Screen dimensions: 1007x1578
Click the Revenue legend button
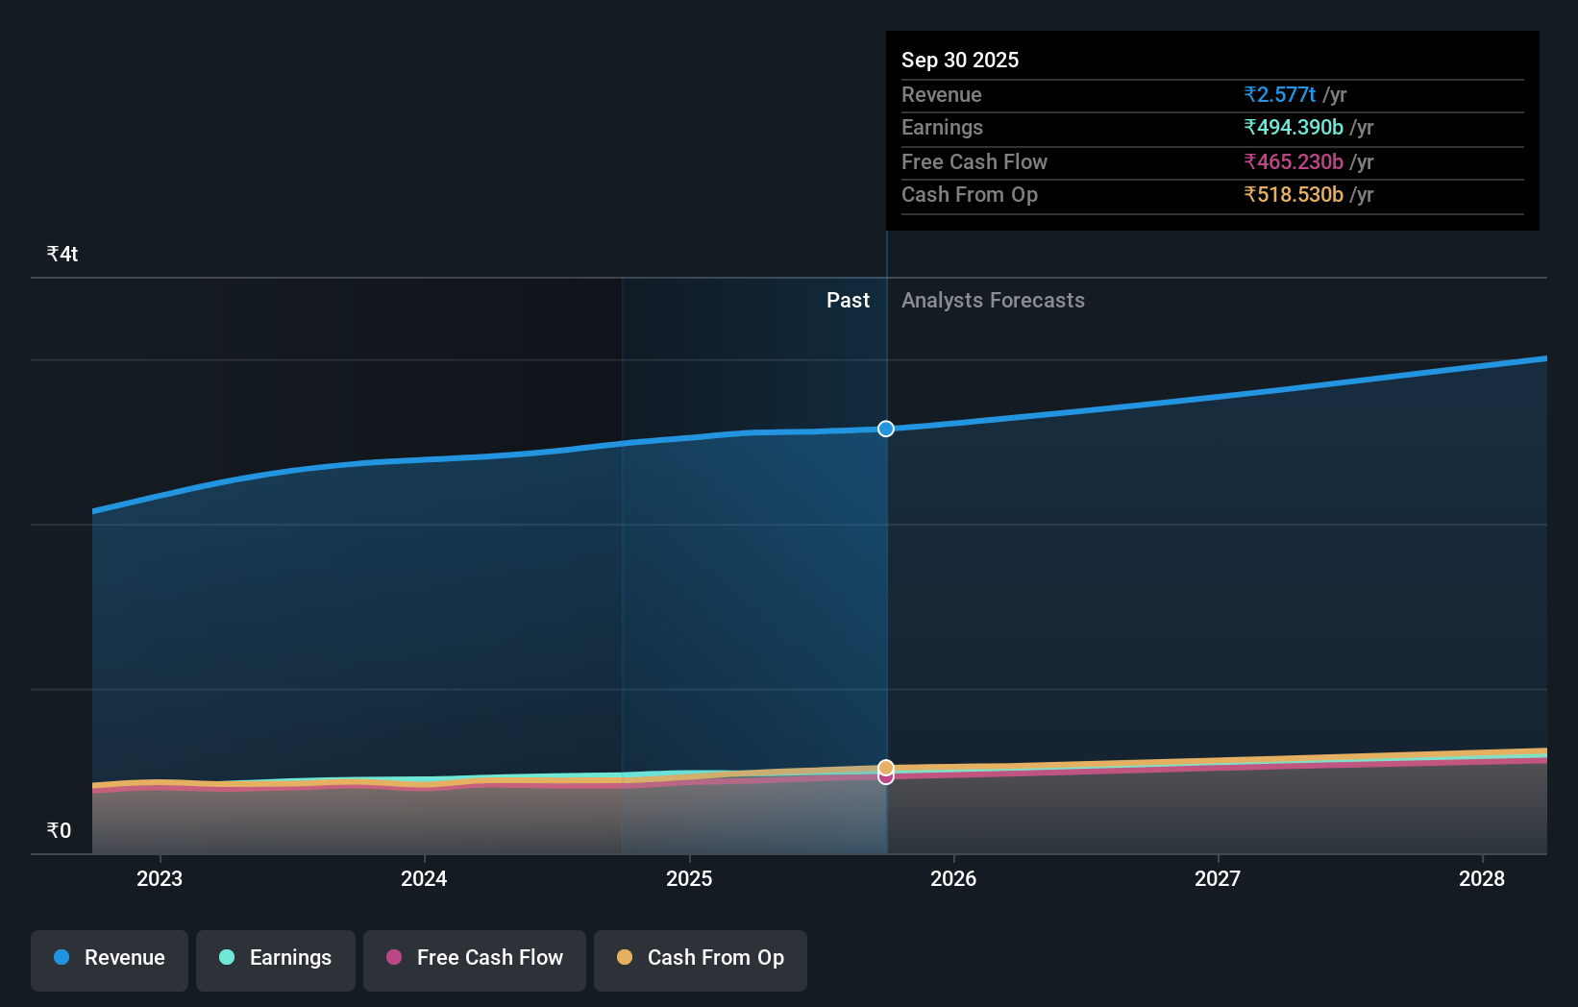coord(110,959)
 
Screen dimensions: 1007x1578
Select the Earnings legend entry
coord(276,959)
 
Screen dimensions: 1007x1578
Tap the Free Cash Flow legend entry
coord(475,959)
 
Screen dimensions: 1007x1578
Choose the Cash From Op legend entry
coord(701,959)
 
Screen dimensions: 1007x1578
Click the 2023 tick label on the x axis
coord(160,878)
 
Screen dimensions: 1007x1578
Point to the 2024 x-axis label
coord(424,878)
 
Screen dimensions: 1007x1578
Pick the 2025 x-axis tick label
coord(689,878)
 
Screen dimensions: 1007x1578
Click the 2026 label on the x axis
coord(953,878)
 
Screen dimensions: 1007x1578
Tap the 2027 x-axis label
coord(1218,878)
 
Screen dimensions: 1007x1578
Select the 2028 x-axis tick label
coord(1482,878)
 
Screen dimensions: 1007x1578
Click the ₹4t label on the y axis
coord(62,255)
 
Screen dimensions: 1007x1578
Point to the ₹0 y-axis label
coord(60,831)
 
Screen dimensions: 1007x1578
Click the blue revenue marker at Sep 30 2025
coord(886,429)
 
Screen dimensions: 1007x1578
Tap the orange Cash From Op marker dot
coord(886,767)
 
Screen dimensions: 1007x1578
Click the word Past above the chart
coord(848,301)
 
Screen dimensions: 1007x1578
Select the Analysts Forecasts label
coord(993,301)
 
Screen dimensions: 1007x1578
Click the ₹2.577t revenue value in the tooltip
coord(1279,95)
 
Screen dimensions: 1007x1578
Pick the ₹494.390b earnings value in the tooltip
coord(1293,128)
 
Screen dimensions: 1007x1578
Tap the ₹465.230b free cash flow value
coord(1293,162)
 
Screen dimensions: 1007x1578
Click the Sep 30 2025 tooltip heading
coord(960,61)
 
